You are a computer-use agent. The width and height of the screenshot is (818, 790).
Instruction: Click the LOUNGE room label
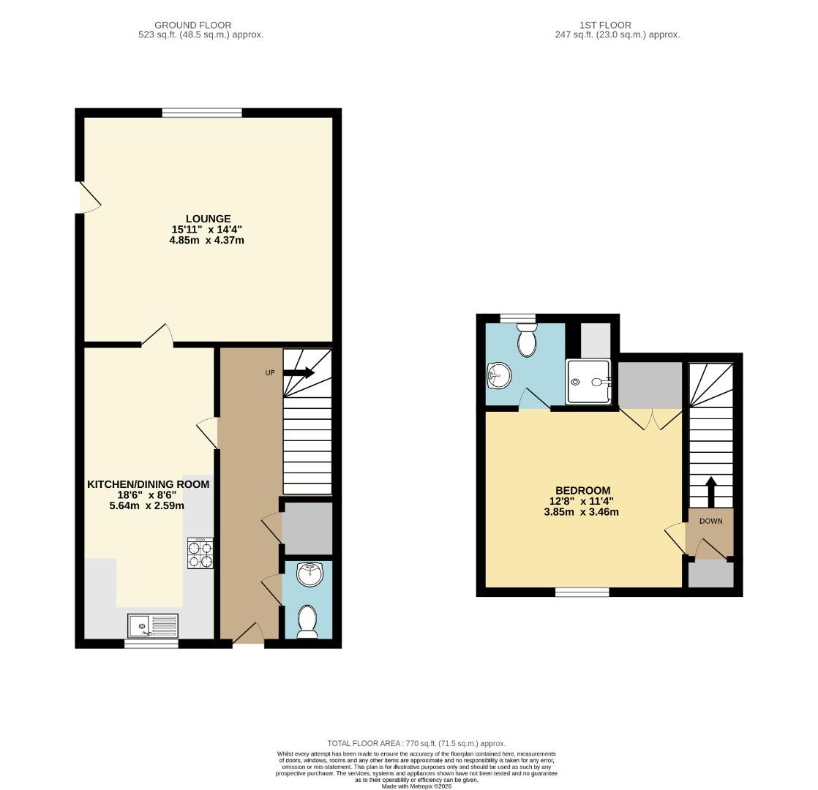click(208, 219)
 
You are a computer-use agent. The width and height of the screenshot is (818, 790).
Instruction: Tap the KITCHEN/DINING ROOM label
click(149, 484)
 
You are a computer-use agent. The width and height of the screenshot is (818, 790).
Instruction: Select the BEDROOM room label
click(582, 490)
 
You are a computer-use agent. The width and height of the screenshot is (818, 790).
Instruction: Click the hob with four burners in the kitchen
click(200, 554)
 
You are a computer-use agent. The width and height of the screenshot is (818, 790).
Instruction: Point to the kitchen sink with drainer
click(153, 625)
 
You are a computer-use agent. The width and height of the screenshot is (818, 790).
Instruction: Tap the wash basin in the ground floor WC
click(310, 573)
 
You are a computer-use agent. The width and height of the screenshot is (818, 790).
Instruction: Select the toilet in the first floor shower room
click(527, 340)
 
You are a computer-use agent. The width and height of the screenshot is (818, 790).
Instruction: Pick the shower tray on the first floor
click(588, 381)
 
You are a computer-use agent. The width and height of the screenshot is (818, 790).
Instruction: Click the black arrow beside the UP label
click(299, 373)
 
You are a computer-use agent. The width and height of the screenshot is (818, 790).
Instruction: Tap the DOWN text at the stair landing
click(710, 522)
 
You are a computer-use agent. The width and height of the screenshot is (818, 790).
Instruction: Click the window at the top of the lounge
click(202, 113)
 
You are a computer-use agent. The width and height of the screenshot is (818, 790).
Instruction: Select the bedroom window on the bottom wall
click(582, 592)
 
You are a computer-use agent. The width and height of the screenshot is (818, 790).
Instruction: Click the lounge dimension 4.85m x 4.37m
click(208, 240)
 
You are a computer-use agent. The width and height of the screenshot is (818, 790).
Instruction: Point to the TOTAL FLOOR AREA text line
click(416, 743)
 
